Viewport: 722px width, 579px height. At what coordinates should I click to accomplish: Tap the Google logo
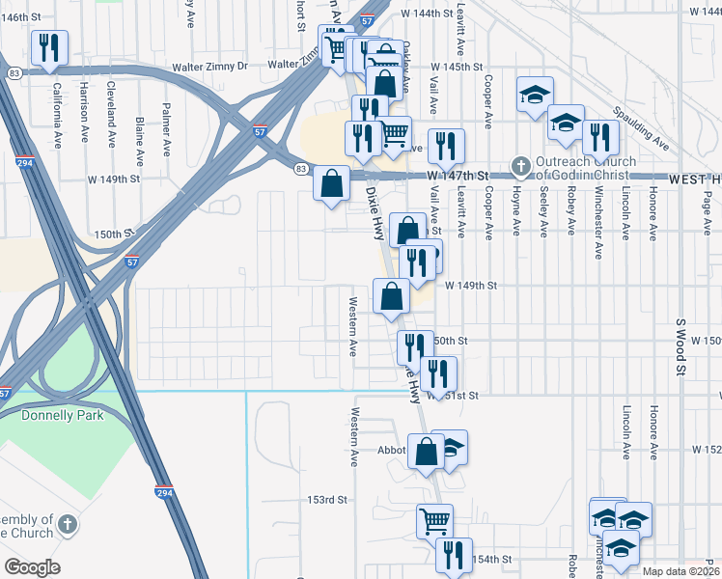point(32,567)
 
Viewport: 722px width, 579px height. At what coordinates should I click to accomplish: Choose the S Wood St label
point(681,346)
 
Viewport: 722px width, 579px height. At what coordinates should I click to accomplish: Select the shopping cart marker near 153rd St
point(435,521)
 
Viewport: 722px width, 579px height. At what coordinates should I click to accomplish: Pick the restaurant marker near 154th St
point(453,555)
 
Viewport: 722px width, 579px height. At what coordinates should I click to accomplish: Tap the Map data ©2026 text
point(680,571)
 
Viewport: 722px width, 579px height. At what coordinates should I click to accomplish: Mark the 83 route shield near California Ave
point(14,74)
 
